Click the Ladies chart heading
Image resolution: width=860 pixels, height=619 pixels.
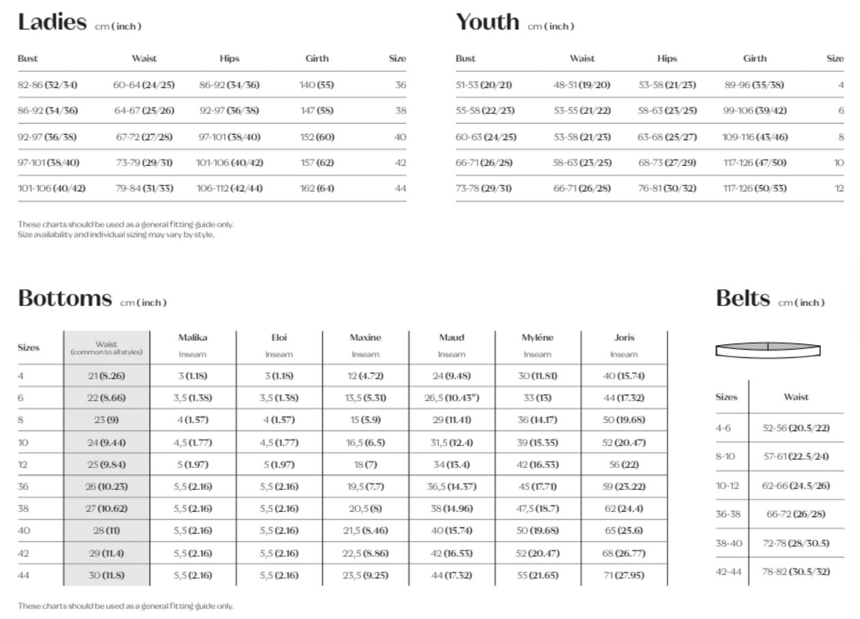point(53,23)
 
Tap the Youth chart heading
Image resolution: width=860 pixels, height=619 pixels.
point(487,23)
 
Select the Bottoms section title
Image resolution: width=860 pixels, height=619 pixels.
point(65,299)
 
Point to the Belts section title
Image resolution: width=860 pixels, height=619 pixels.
point(743,299)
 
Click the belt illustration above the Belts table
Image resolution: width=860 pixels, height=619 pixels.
point(767,349)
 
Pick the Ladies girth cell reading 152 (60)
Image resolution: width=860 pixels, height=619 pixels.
point(317,137)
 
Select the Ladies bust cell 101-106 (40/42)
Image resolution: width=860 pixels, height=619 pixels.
point(52,189)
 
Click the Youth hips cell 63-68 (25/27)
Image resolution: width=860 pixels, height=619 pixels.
point(667,137)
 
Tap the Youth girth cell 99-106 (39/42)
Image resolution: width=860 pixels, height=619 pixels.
point(754,111)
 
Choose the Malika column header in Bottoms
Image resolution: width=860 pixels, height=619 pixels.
point(192,338)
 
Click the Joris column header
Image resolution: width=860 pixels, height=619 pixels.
point(624,338)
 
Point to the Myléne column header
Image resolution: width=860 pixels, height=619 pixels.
point(537,338)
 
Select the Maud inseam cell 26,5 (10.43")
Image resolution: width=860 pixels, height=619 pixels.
point(451,398)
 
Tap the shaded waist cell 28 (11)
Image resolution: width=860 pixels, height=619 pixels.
point(106,531)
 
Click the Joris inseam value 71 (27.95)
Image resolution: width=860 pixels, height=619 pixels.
point(624,575)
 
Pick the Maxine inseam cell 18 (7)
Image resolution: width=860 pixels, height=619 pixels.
point(365,465)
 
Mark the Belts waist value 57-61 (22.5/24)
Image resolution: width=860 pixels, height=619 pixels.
point(796,456)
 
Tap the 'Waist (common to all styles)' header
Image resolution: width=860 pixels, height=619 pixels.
point(106,348)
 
